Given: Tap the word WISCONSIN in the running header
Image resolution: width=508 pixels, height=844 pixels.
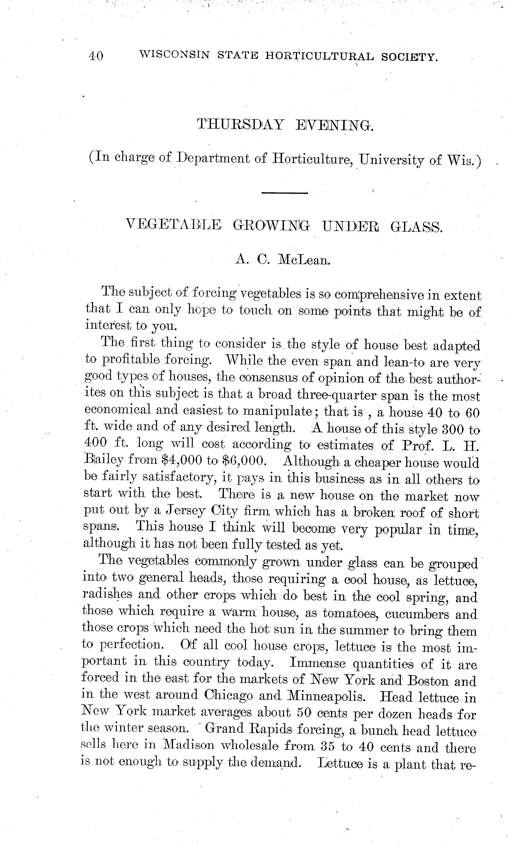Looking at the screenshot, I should pyautogui.click(x=174, y=55).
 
